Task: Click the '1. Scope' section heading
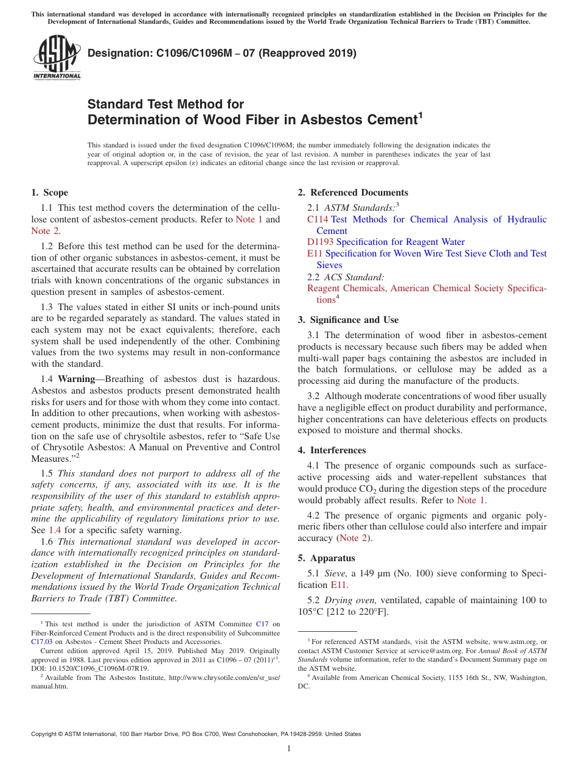coord(50,193)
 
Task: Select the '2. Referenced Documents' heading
coord(353,193)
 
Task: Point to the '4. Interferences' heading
coord(332,450)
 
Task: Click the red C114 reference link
coord(318,219)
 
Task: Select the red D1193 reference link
coord(321,242)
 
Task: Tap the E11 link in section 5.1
coord(338,585)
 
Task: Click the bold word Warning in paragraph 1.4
coord(76,379)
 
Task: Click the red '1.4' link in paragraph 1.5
coord(55,530)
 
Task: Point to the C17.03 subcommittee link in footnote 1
coord(42,641)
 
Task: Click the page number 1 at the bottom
coord(289,749)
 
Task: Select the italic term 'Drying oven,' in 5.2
coord(350,600)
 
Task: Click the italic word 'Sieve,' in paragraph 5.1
coord(335,573)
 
